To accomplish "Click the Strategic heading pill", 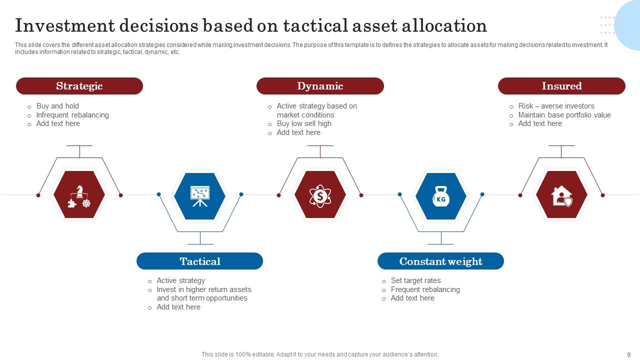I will coord(79,86).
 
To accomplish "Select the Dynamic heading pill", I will coord(320,86).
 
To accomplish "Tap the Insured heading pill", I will coord(561,86).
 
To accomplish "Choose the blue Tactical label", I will coord(200,261).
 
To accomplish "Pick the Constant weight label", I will coord(440,261).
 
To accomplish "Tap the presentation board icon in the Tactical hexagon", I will coord(200,195).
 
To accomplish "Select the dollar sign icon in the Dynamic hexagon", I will coord(320,195).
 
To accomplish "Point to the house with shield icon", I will coord(561,195).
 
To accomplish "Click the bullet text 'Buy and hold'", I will coord(57,106).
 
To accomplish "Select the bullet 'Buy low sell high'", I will coord(304,123).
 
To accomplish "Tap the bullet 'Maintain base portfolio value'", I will coord(564,115).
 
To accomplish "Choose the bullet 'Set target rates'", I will coord(415,280).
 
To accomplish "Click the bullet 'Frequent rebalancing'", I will coord(425,289).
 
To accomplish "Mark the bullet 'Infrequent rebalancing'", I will coord(72,115).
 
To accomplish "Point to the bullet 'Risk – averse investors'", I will coord(556,106).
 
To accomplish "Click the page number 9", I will coord(628,354).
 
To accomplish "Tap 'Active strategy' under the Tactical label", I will coord(180,280).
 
